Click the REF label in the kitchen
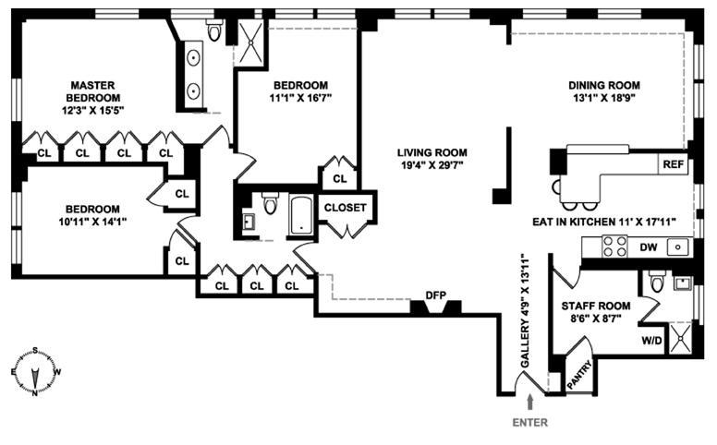tap(672, 164)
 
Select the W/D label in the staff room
tap(650, 339)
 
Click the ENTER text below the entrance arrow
tap(530, 423)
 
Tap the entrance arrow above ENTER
tap(530, 401)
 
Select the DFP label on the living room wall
tap(435, 296)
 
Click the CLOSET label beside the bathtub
tap(346, 208)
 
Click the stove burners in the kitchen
tap(614, 247)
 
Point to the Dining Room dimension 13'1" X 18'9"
tap(603, 95)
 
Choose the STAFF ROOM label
tap(595, 306)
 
